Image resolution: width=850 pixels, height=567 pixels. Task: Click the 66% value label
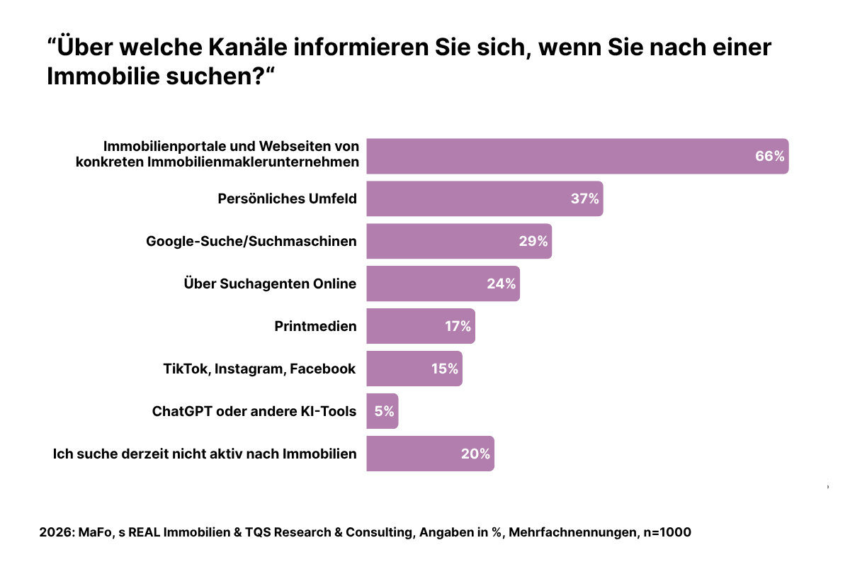pyautogui.click(x=769, y=157)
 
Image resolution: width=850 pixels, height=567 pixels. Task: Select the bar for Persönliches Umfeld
pyautogui.click(x=484, y=198)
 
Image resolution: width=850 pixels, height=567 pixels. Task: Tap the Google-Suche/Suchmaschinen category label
pyautogui.click(x=251, y=241)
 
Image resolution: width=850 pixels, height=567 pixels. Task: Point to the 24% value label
pyautogui.click(x=501, y=283)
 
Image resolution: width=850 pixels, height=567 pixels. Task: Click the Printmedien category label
pyautogui.click(x=315, y=326)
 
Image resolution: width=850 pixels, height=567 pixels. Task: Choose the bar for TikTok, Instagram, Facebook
pyautogui.click(x=414, y=369)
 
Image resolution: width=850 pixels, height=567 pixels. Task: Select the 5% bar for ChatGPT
pyautogui.click(x=382, y=411)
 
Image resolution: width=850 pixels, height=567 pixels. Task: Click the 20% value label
pyautogui.click(x=475, y=454)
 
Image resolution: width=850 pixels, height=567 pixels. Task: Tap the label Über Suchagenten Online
pyautogui.click(x=269, y=283)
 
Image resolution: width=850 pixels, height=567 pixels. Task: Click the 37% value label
pyautogui.click(x=585, y=198)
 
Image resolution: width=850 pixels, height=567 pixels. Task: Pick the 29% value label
pyautogui.click(x=533, y=241)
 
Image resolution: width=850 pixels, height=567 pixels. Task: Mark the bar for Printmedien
pyautogui.click(x=420, y=326)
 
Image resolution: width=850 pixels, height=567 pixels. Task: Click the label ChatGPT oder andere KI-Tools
pyautogui.click(x=254, y=411)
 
